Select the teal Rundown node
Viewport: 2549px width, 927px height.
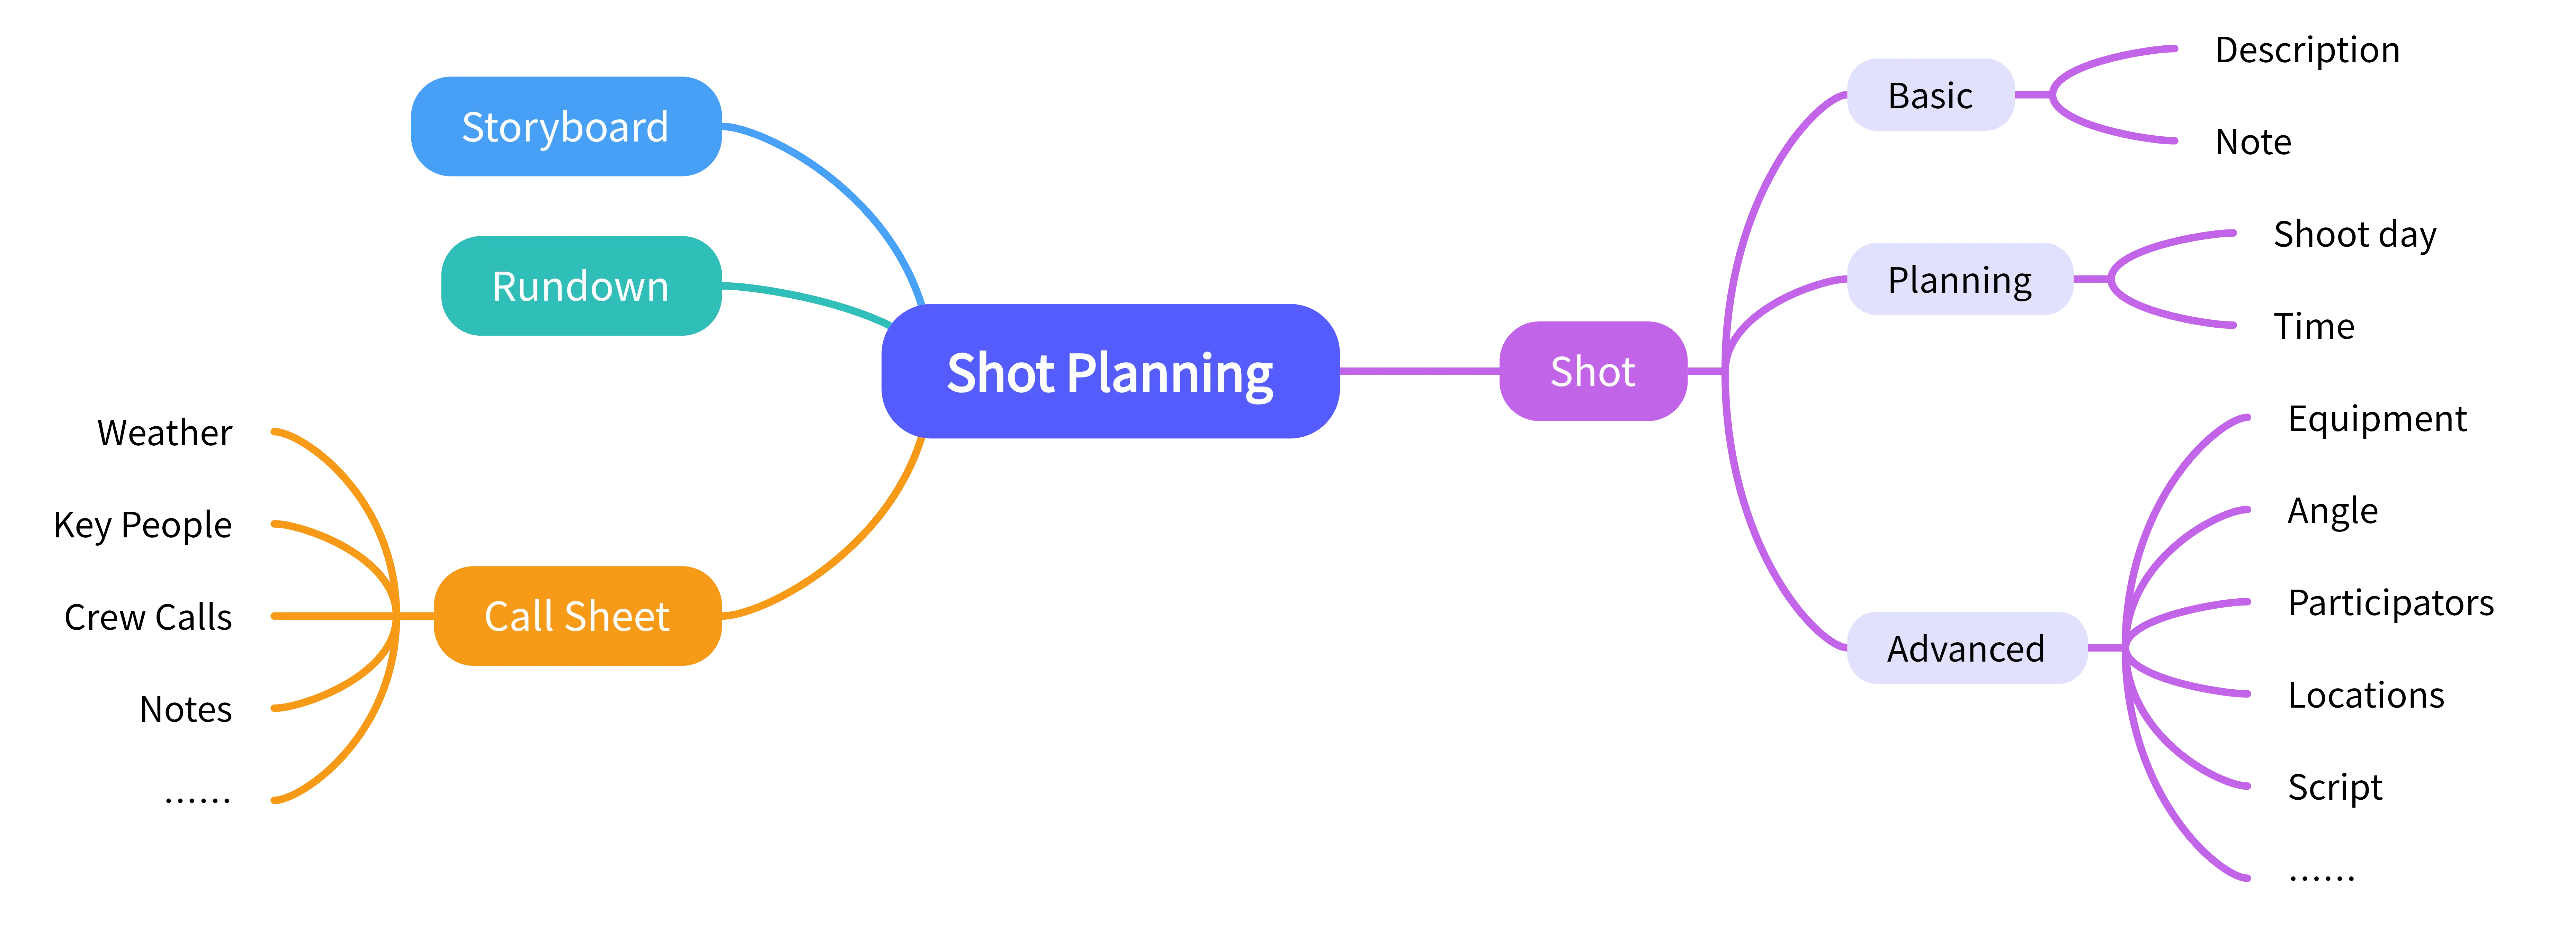[581, 286]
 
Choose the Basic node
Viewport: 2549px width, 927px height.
[1930, 95]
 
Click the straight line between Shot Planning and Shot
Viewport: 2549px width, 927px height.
[1420, 371]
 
